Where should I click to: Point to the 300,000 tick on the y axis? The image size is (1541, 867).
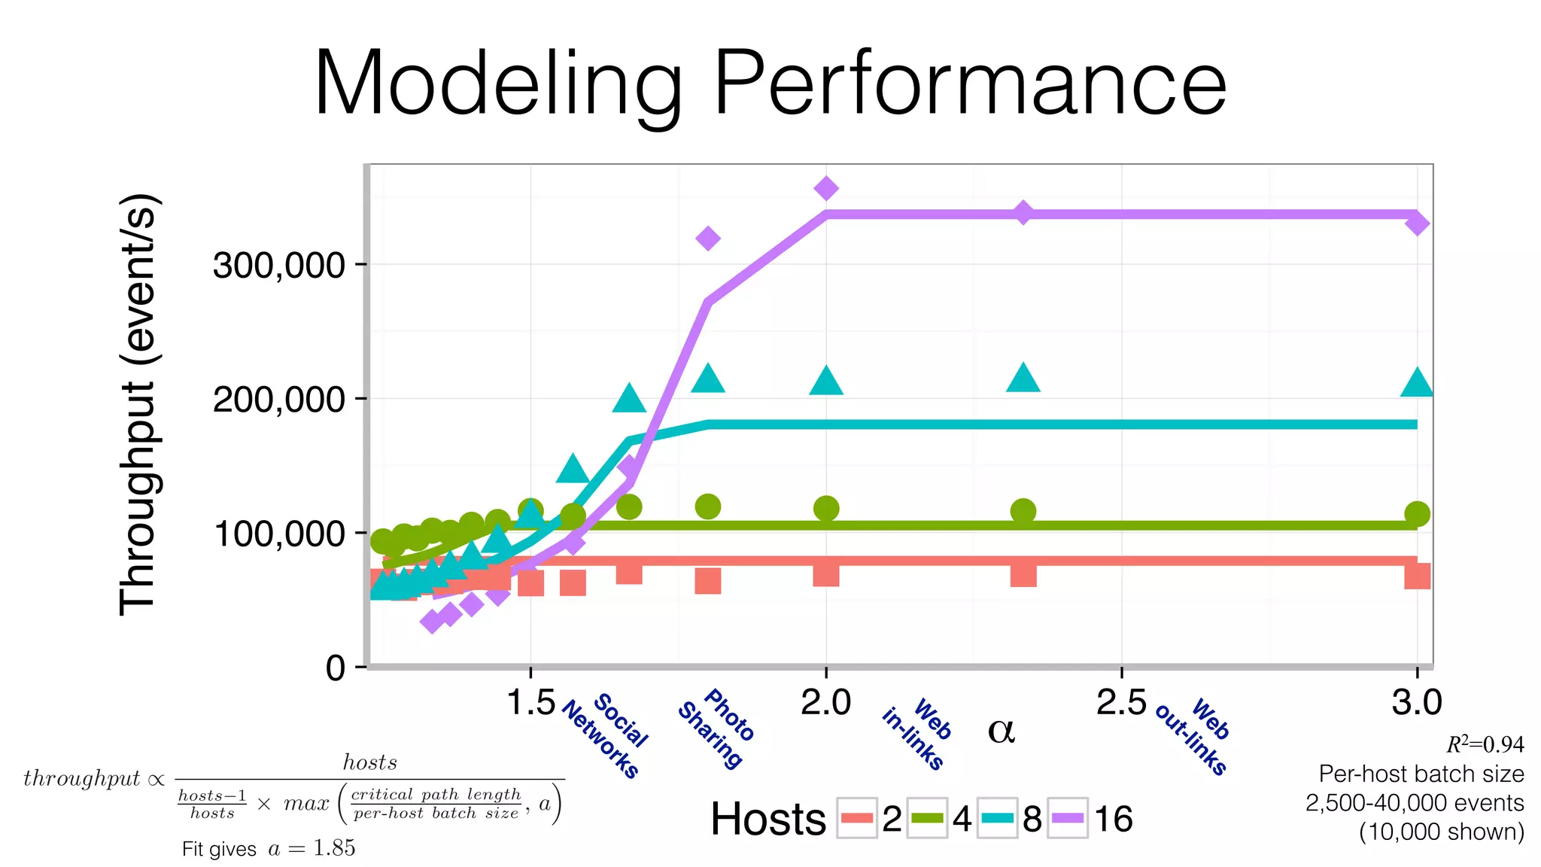click(278, 265)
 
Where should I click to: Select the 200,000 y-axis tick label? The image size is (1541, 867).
click(278, 399)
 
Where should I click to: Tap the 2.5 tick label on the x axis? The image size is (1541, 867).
click(1120, 702)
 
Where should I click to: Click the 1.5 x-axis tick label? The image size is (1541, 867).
click(530, 702)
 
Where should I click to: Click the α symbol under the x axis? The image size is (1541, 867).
click(1001, 730)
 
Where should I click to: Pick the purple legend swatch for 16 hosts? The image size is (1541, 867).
click(1068, 818)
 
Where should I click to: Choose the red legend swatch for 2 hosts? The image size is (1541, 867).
click(857, 818)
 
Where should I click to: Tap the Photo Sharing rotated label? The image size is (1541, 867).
click(716, 727)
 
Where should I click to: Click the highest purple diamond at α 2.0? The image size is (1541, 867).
click(826, 188)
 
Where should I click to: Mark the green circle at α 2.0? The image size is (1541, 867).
click(826, 509)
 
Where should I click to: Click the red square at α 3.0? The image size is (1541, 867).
click(1417, 576)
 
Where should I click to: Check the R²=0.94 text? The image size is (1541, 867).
click(1485, 744)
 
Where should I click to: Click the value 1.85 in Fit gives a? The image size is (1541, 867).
click(334, 848)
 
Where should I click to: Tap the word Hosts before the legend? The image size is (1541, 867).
click(768, 819)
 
